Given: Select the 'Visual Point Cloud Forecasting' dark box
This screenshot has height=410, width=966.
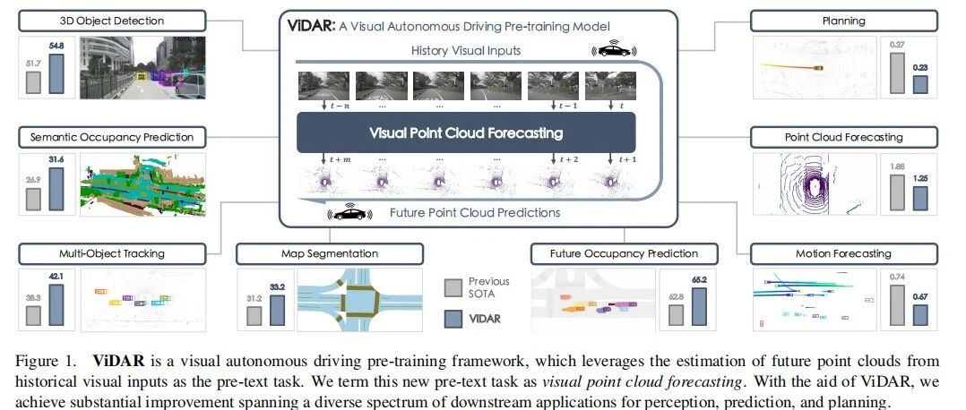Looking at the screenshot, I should click(466, 132).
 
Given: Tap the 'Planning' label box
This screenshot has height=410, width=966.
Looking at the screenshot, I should click(844, 20).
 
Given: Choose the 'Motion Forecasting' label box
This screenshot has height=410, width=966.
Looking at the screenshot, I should click(844, 253).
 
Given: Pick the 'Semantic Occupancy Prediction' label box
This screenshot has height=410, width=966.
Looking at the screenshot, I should click(112, 137).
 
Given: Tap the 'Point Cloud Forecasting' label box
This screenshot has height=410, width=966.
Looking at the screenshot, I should click(844, 137).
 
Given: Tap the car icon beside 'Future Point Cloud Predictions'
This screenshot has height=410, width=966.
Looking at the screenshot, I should click(349, 213).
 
